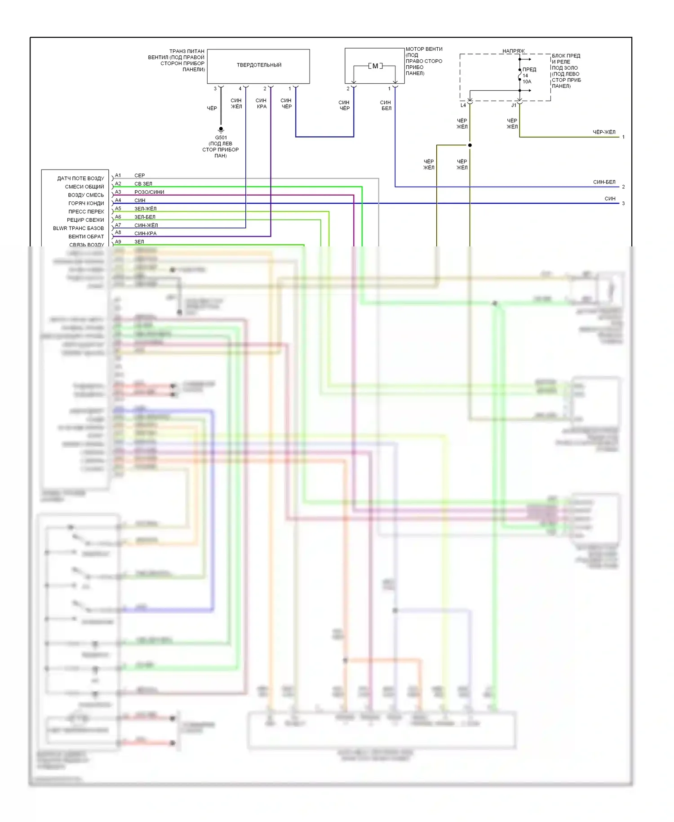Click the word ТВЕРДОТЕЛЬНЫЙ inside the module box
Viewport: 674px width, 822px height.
click(259, 65)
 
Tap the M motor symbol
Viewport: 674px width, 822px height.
click(375, 66)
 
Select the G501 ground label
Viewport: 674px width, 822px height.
click(221, 138)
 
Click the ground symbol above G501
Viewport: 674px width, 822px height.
click(221, 130)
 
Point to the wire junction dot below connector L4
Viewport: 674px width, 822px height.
click(470, 145)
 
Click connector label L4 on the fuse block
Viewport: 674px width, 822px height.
click(463, 105)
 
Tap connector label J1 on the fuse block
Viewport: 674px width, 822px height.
click(514, 105)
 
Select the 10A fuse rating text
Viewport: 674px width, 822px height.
click(527, 82)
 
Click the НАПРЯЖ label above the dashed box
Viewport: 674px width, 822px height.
click(513, 51)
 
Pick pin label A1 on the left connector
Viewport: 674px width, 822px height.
click(118, 175)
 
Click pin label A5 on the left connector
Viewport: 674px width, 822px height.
click(118, 209)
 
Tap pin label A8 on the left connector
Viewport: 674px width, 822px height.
click(118, 233)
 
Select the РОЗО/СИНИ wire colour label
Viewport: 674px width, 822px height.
click(149, 192)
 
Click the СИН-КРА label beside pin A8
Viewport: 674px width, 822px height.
click(146, 234)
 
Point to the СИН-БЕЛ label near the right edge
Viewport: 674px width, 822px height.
click(604, 182)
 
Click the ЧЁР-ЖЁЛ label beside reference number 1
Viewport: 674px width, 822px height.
click(604, 132)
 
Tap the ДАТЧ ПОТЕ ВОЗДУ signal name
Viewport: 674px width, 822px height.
click(80, 179)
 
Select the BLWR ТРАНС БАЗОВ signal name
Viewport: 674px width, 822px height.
click(78, 228)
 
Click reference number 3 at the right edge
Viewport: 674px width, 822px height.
click(623, 204)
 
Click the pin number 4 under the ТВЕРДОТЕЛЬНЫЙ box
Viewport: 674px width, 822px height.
click(240, 89)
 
